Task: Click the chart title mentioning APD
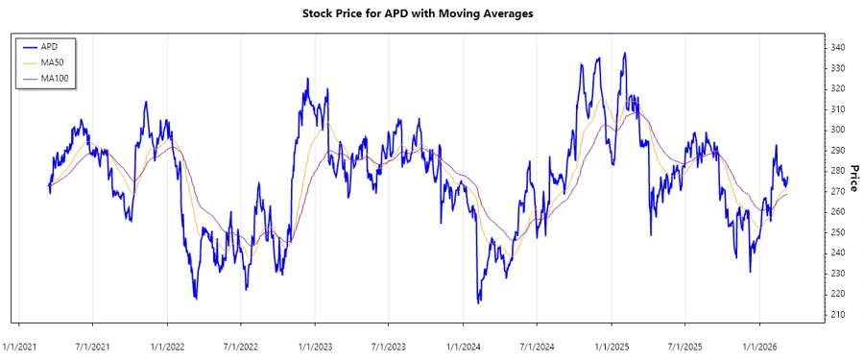pyautogui.click(x=431, y=13)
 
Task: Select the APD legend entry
pyautogui.click(x=48, y=45)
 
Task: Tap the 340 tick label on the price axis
pyautogui.click(x=838, y=48)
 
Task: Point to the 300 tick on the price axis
pyautogui.click(x=838, y=130)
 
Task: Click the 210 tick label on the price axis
pyautogui.click(x=838, y=315)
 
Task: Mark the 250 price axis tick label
pyautogui.click(x=838, y=232)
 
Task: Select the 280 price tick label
pyautogui.click(x=838, y=171)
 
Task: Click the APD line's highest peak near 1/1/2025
pyautogui.click(x=625, y=54)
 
